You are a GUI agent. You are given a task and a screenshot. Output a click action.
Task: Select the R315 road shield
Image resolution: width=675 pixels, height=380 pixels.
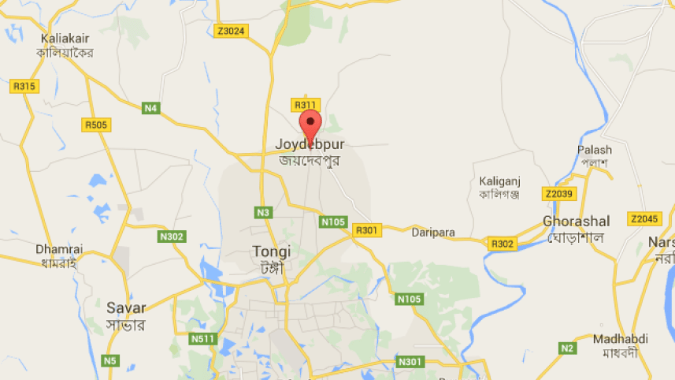click(24, 86)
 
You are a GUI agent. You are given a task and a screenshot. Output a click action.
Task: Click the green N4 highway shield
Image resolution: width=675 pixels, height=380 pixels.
click(150, 107)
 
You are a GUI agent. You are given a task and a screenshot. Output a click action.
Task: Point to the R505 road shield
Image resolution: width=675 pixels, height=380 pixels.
click(97, 124)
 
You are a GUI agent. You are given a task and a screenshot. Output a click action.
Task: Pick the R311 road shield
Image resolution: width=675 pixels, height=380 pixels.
click(305, 105)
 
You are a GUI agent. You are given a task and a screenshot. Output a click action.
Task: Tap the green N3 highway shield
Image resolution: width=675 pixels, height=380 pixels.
click(263, 212)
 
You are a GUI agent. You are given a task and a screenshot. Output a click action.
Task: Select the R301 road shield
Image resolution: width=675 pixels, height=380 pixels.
click(367, 230)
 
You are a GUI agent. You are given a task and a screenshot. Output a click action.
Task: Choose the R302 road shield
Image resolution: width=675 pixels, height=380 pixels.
click(502, 244)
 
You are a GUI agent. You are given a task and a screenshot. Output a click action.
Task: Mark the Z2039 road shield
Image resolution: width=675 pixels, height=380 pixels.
click(558, 193)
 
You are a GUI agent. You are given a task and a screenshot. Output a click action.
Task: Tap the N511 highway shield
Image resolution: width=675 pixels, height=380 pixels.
click(202, 338)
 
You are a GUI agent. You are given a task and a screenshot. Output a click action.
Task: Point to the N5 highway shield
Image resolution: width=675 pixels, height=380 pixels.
click(109, 360)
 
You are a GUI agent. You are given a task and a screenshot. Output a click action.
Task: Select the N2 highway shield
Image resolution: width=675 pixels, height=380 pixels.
click(567, 348)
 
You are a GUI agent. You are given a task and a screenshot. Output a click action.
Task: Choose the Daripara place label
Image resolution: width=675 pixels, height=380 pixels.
click(430, 232)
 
